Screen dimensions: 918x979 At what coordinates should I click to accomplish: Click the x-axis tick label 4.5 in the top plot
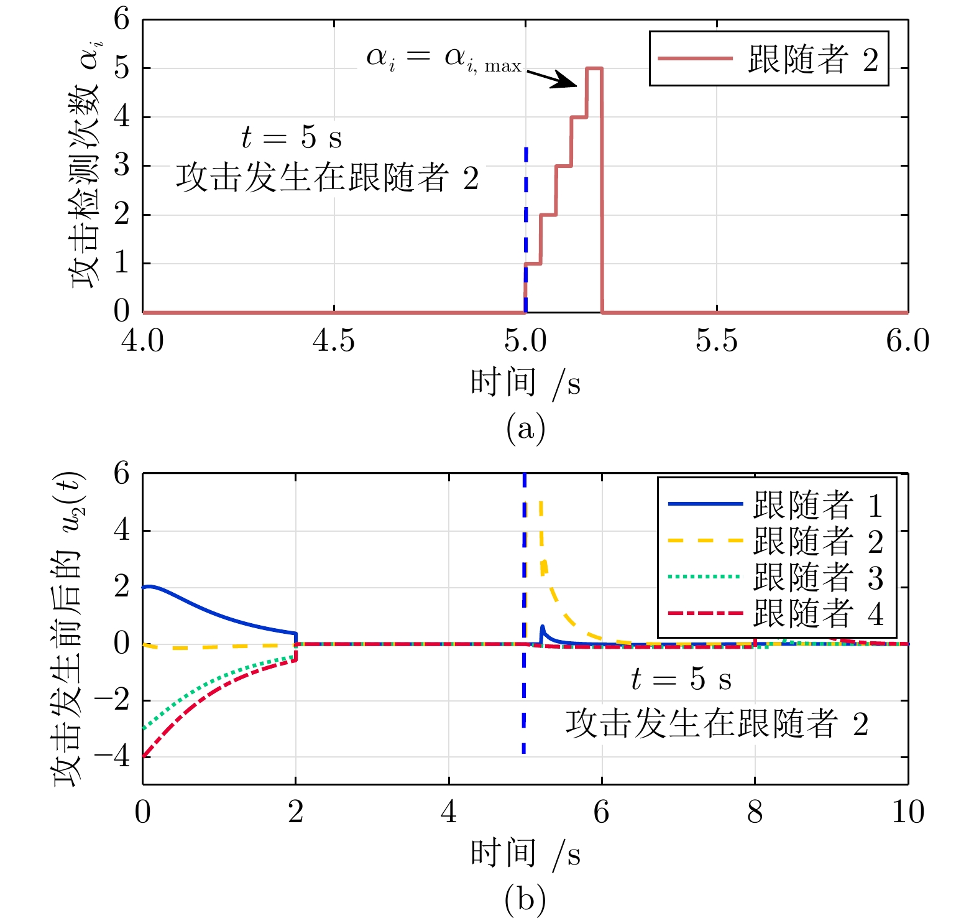click(334, 341)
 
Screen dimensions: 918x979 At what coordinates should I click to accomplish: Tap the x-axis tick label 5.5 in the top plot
click(716, 341)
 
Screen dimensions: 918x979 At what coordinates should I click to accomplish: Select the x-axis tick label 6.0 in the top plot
click(908, 341)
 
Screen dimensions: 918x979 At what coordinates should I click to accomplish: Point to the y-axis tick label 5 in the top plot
click(122, 68)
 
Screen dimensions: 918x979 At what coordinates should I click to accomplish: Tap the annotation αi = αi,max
click(444, 59)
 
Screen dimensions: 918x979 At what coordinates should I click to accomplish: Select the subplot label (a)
click(525, 429)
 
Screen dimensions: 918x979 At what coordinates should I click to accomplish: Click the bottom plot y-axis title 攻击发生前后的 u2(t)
click(68, 628)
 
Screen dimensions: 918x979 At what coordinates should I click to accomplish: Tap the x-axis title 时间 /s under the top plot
click(525, 382)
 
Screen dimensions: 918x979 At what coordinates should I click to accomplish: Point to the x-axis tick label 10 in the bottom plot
click(908, 812)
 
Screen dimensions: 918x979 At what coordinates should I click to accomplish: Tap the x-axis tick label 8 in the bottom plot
click(755, 812)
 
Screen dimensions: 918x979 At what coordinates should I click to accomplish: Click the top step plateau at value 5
click(594, 68)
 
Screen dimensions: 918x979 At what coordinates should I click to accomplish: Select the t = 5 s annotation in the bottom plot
click(681, 679)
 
